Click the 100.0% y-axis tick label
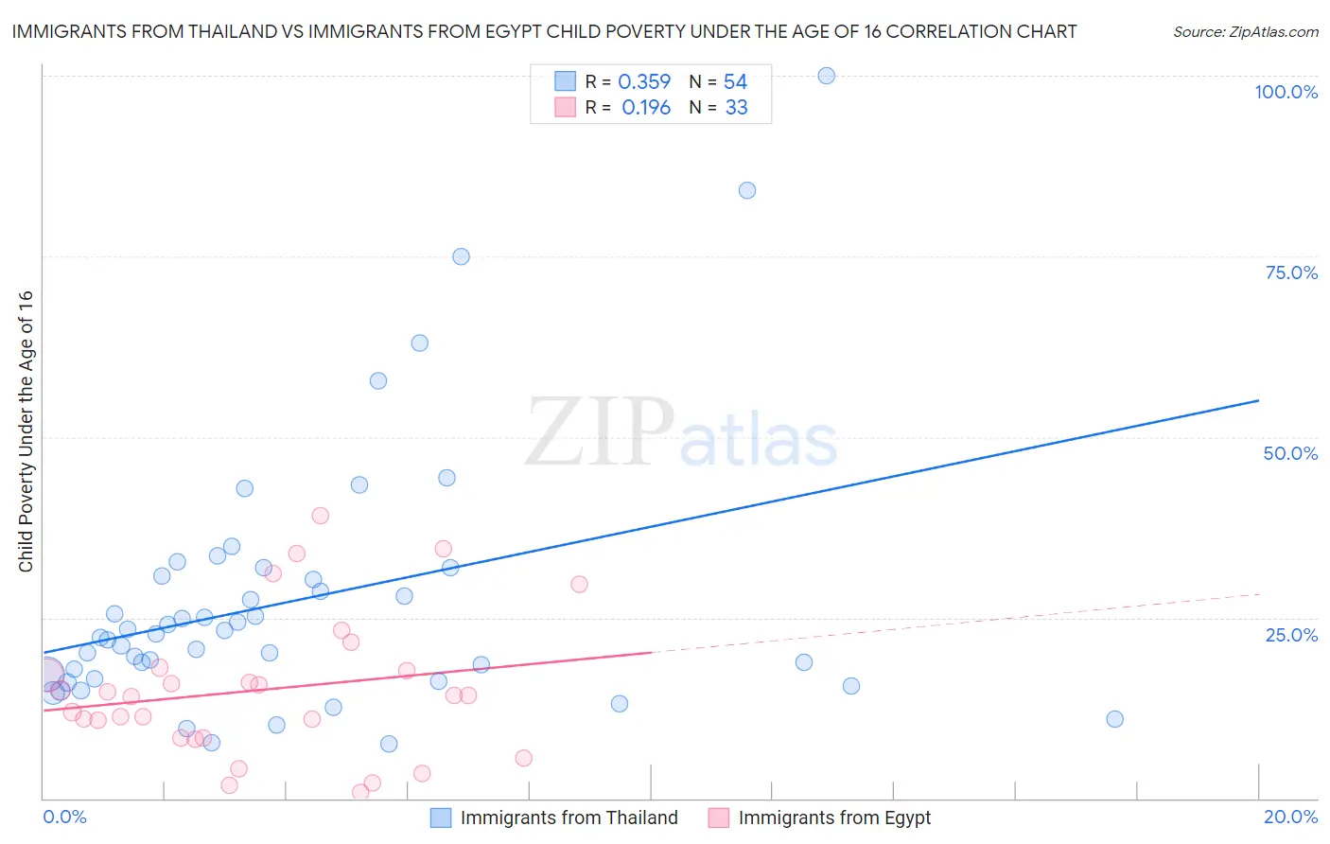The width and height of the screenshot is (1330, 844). click(x=1286, y=92)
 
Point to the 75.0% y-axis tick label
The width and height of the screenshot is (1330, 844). click(x=1291, y=273)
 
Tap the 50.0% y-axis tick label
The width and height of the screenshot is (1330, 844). click(x=1290, y=453)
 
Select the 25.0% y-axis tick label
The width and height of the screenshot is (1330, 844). click(x=1291, y=634)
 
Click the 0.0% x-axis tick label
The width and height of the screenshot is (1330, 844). click(x=64, y=817)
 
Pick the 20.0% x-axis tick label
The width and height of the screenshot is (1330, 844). click(x=1290, y=817)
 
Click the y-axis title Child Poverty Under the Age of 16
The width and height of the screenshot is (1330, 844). click(x=26, y=431)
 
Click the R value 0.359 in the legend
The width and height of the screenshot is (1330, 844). click(x=644, y=82)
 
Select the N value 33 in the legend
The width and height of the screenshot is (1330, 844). click(x=736, y=108)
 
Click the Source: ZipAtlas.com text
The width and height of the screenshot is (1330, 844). click(x=1245, y=31)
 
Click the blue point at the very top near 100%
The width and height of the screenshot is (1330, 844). click(x=826, y=76)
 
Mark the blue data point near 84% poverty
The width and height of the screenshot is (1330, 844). click(x=746, y=190)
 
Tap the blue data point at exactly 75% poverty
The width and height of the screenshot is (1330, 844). click(x=461, y=256)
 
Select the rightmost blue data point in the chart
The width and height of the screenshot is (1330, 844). click(x=1114, y=719)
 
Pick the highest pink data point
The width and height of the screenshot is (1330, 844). click(x=320, y=516)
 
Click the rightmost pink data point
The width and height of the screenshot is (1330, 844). click(x=579, y=584)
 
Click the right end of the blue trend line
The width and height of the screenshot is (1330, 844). click(x=1258, y=400)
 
